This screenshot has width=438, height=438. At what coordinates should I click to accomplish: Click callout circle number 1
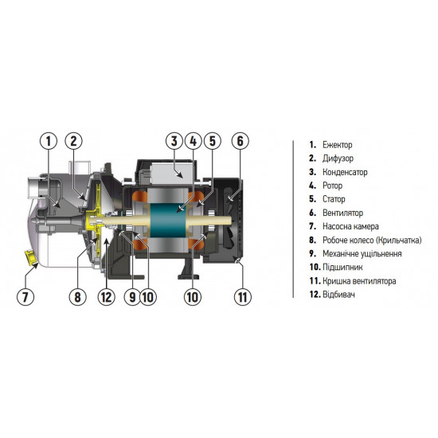pyautogui.click(x=48, y=142)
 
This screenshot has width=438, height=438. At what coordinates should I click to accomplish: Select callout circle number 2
pyautogui.click(x=74, y=142)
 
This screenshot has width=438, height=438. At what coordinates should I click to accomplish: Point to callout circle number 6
pyautogui.click(x=240, y=142)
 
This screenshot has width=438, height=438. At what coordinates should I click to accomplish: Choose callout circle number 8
pyautogui.click(x=77, y=298)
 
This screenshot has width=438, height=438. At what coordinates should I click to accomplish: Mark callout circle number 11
pyautogui.click(x=242, y=298)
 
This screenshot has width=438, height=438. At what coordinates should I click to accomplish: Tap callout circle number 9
pyautogui.click(x=131, y=298)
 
